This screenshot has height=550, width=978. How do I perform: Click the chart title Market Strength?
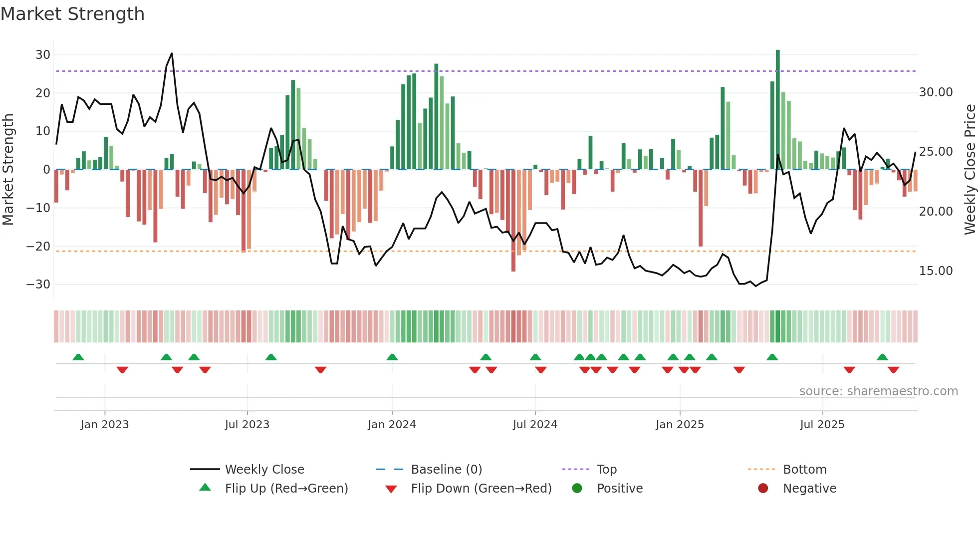[72, 14]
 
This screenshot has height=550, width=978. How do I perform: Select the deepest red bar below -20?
[513, 225]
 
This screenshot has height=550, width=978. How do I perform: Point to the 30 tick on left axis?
[43, 55]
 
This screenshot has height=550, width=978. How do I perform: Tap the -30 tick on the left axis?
[38, 284]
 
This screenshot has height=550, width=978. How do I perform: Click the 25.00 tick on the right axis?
[936, 152]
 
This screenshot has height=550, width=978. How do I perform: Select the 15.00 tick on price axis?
[936, 271]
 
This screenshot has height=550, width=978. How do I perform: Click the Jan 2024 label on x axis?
[392, 425]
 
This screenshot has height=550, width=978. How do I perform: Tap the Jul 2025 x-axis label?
[822, 425]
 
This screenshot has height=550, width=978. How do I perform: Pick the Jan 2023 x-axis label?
[104, 425]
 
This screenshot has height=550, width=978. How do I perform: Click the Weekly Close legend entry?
[264, 470]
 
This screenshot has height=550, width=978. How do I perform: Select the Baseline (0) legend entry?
[446, 470]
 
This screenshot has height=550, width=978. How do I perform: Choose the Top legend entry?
[606, 470]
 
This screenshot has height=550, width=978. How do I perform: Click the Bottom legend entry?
[804, 470]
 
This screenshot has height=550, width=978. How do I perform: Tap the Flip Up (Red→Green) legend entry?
[286, 489]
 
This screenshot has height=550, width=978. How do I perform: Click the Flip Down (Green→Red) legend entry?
[481, 489]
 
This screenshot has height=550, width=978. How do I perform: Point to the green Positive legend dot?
[577, 489]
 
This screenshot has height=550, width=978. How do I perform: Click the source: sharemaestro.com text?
[878, 391]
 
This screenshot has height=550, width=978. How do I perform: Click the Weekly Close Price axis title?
[970, 170]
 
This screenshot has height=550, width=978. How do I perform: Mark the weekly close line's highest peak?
[172, 53]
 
